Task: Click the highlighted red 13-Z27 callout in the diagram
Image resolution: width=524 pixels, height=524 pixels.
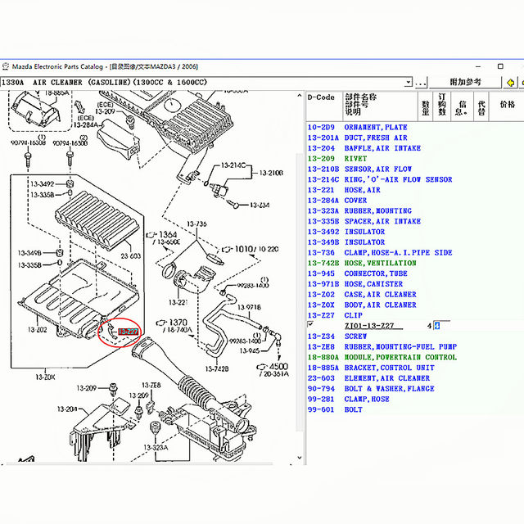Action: coord(128,331)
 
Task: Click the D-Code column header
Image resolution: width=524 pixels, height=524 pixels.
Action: coord(321,97)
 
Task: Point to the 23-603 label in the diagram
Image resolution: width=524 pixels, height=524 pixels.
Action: coord(131,256)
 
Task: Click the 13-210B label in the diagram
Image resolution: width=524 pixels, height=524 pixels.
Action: coord(271,173)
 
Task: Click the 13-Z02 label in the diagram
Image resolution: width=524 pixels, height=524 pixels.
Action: coord(36,329)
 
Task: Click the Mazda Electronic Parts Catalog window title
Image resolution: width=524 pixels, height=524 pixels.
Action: coord(57,65)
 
